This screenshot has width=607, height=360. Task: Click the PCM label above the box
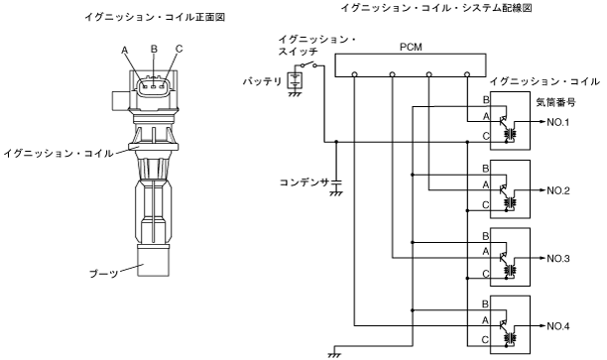click(411, 48)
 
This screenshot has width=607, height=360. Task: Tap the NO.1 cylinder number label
click(557, 122)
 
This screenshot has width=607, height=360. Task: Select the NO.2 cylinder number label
click(557, 190)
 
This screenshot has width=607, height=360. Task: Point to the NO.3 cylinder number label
click(557, 258)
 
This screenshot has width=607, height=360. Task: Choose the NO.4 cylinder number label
click(557, 326)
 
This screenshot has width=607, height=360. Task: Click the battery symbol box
click(295, 81)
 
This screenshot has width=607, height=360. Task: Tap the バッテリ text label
click(262, 81)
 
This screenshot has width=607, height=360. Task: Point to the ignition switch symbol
click(307, 64)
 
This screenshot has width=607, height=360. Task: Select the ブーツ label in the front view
click(103, 274)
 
